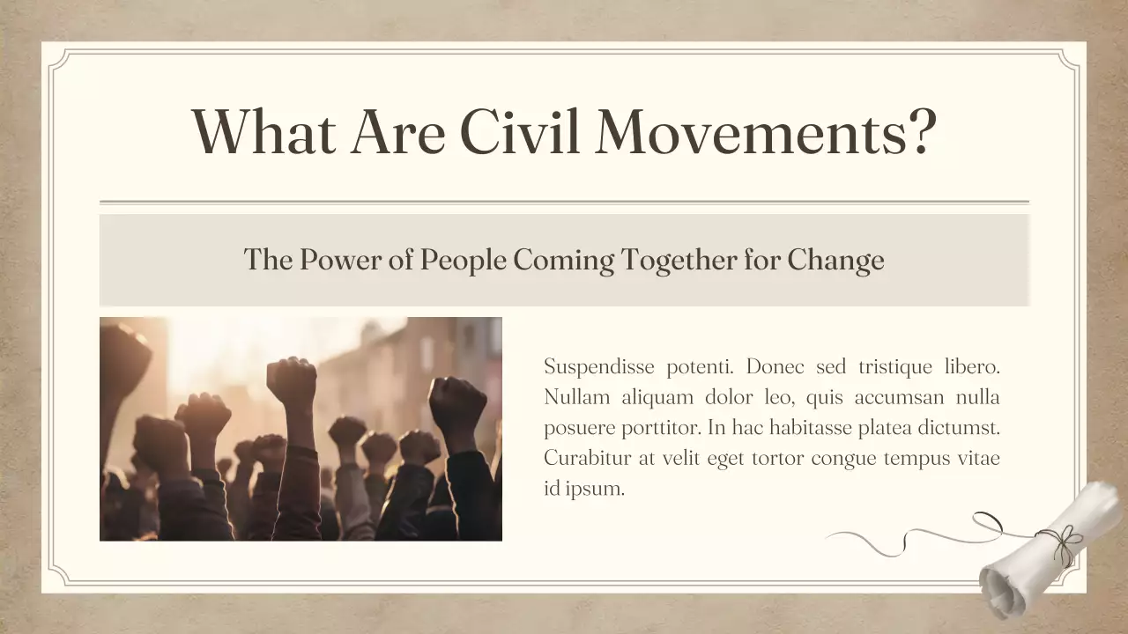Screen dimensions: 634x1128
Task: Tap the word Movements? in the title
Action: click(x=765, y=130)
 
